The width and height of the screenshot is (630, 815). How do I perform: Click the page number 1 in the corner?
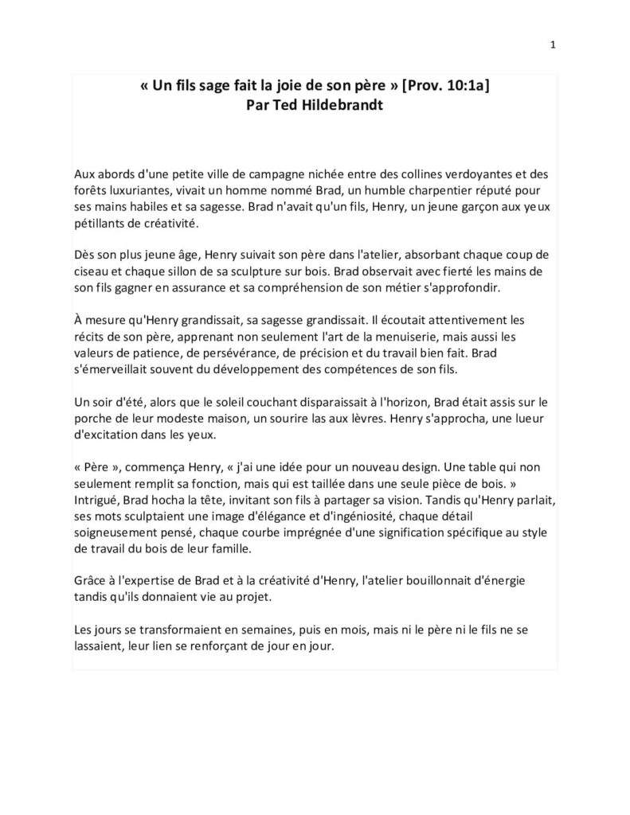(552, 45)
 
